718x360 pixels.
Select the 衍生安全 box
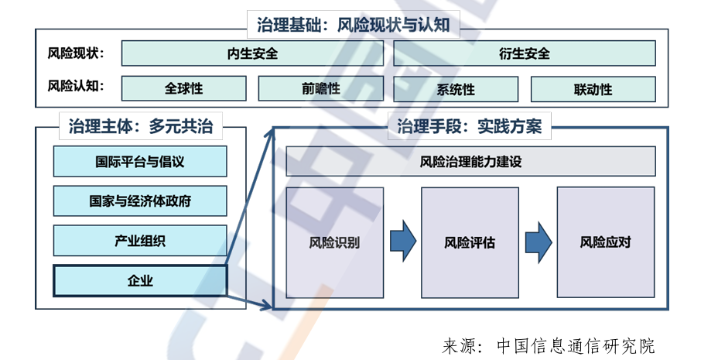coord(524,53)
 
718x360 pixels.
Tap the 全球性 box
coord(183,88)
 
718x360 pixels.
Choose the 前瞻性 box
coord(321,88)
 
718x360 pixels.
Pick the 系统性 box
coord(456,88)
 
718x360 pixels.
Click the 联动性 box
coord(593,88)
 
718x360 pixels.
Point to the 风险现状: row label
coord(76,53)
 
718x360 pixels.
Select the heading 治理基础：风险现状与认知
coord(353,25)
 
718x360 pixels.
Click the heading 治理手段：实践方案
coord(469,126)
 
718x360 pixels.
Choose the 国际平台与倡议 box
coord(140,162)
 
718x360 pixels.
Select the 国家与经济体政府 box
coord(140,201)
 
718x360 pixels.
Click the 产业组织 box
coord(140,241)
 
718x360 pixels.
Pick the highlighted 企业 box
coord(140,281)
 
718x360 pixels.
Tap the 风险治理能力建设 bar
coord(470,162)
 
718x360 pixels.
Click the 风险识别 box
coord(334,242)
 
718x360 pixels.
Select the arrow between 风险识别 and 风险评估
coord(402,242)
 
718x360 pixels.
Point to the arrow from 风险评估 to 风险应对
coord(538,242)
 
